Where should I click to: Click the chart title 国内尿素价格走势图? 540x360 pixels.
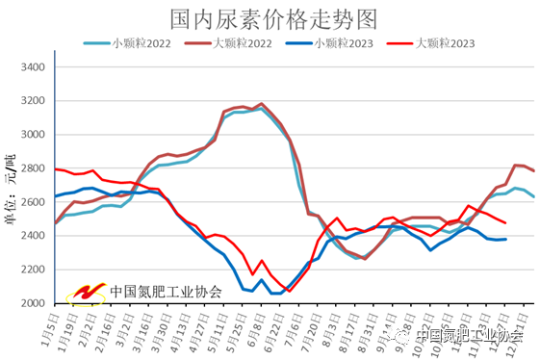(x=272, y=18)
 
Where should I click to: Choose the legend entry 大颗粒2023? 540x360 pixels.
(x=446, y=43)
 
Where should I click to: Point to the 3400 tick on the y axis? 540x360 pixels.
(x=34, y=67)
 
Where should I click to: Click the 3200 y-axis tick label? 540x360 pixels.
(x=34, y=101)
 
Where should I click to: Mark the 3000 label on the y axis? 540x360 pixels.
(x=34, y=135)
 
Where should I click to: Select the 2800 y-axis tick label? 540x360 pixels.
(x=34, y=168)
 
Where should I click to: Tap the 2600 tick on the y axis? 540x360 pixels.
(x=34, y=202)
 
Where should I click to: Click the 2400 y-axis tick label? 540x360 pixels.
(x=34, y=236)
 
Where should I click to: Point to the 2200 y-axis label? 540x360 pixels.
(x=34, y=270)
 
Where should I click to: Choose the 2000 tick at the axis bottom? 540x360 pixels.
(x=34, y=303)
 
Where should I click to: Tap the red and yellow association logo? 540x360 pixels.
(x=86, y=291)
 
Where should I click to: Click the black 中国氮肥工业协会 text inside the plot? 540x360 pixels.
(x=166, y=291)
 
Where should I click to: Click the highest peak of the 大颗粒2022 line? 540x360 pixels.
(x=261, y=104)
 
